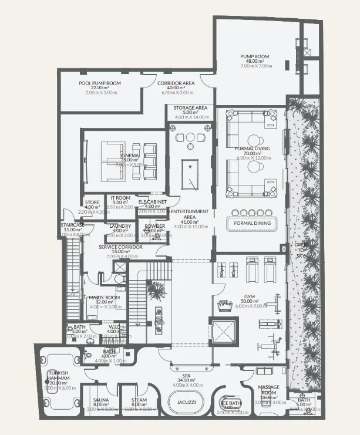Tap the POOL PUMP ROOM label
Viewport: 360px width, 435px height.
point(100,83)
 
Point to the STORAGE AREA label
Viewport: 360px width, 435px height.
point(190,108)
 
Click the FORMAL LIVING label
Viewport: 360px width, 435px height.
point(252,149)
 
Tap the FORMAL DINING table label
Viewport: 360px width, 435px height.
point(252,223)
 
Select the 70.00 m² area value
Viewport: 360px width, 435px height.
point(252,154)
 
